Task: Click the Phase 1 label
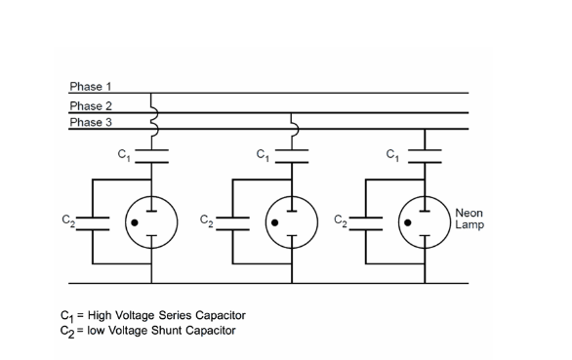click(x=91, y=87)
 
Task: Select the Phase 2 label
click(x=91, y=105)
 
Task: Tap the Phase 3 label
click(x=91, y=121)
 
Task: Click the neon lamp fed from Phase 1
click(x=151, y=221)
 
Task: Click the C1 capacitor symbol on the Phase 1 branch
click(x=151, y=152)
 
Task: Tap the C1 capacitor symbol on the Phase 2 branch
click(x=293, y=152)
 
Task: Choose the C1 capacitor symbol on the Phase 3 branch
click(x=426, y=152)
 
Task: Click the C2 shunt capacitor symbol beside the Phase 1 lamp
click(x=93, y=220)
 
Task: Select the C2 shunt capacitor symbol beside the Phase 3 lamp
click(x=366, y=220)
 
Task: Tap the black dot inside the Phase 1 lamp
click(x=136, y=221)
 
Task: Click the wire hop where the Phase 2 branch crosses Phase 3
click(x=293, y=122)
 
